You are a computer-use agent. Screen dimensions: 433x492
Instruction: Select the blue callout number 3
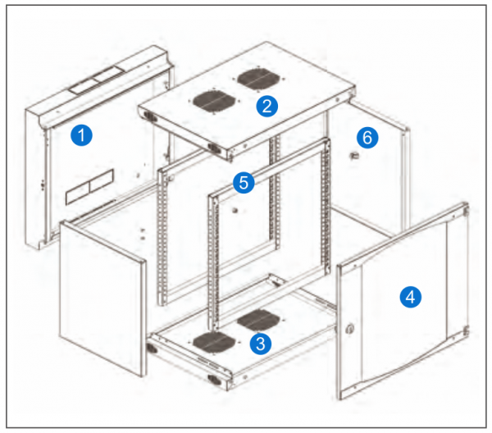(x=261, y=344)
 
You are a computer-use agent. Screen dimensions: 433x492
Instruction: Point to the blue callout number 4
(x=409, y=297)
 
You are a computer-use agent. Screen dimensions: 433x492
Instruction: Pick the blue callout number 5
(x=241, y=183)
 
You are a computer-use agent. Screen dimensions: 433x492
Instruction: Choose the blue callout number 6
(x=367, y=137)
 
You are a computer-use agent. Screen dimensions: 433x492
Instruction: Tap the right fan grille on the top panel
(x=255, y=80)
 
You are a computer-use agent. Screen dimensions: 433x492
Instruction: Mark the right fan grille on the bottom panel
(x=257, y=319)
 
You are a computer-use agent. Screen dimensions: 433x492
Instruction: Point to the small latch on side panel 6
(x=353, y=155)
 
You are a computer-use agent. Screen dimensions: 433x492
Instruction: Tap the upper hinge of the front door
(x=465, y=211)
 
